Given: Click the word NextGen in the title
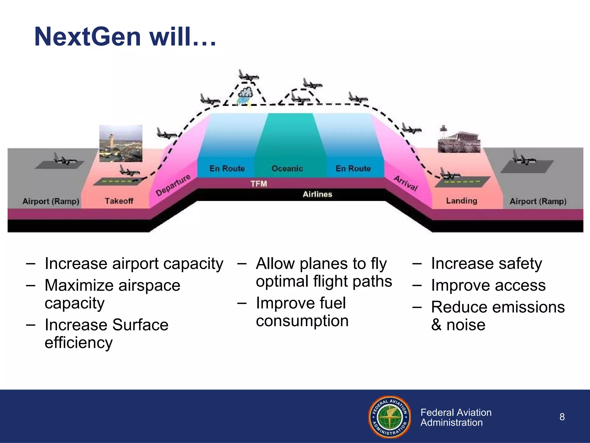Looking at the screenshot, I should (x=88, y=37).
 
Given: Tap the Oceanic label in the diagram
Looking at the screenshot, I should (x=287, y=168).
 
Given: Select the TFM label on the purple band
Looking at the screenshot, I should (x=259, y=184).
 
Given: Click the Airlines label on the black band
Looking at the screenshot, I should (x=317, y=194).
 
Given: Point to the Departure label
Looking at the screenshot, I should (x=173, y=185).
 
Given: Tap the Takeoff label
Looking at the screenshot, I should (x=119, y=201).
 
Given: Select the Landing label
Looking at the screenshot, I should (x=462, y=200).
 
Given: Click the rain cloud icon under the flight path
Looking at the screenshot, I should (x=245, y=94).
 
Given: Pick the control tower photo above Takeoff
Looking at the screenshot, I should (x=121, y=143).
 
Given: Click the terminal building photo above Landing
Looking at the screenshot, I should (x=459, y=140).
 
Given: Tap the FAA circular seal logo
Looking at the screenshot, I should (x=389, y=417).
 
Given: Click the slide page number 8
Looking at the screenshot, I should (x=562, y=417).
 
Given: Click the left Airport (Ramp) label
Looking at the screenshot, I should (x=51, y=201).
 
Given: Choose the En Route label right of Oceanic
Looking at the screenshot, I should (x=353, y=168).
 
